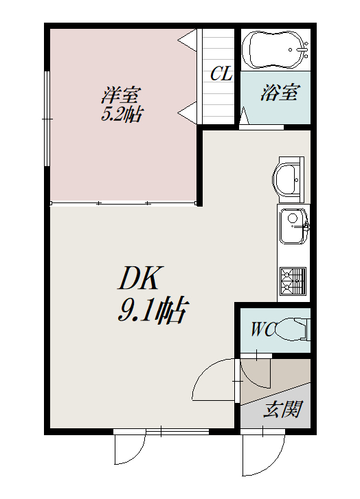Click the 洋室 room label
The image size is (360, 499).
121,95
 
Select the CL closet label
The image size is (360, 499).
221,73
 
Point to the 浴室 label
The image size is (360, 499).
280,93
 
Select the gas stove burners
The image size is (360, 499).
293,280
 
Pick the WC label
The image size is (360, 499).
262,329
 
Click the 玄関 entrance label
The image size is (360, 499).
282,409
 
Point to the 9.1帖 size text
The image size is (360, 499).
152,310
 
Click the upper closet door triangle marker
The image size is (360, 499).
187,40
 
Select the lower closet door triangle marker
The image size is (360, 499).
187,113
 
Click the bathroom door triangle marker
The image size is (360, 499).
244,116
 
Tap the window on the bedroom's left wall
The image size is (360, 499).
47,119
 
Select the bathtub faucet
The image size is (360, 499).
301,49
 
